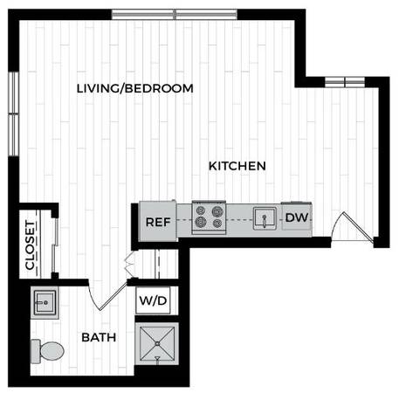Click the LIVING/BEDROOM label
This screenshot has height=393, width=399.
[x=134, y=88]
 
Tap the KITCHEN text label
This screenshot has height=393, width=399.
[x=237, y=166]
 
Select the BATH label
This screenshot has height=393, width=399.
[x=99, y=337]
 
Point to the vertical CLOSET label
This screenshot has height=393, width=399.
[x=31, y=245]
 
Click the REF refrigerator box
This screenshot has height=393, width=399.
[x=158, y=221]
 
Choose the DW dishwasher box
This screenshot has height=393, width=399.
[x=297, y=217]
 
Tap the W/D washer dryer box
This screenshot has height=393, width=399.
[x=154, y=300]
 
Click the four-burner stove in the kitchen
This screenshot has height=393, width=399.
[x=209, y=217]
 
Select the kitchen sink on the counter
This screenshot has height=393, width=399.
[x=265, y=218]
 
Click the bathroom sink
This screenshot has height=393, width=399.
[x=45, y=303]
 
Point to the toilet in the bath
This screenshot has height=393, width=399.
[x=47, y=351]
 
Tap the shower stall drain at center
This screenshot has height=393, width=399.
[x=157, y=344]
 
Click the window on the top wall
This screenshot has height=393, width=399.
[x=175, y=15]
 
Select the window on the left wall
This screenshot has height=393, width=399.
[x=13, y=114]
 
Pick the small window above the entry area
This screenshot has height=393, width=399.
[x=345, y=82]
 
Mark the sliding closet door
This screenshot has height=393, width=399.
[x=55, y=245]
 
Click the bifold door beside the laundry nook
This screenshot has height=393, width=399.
[x=129, y=264]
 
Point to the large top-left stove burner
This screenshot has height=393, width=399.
[x=200, y=210]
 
